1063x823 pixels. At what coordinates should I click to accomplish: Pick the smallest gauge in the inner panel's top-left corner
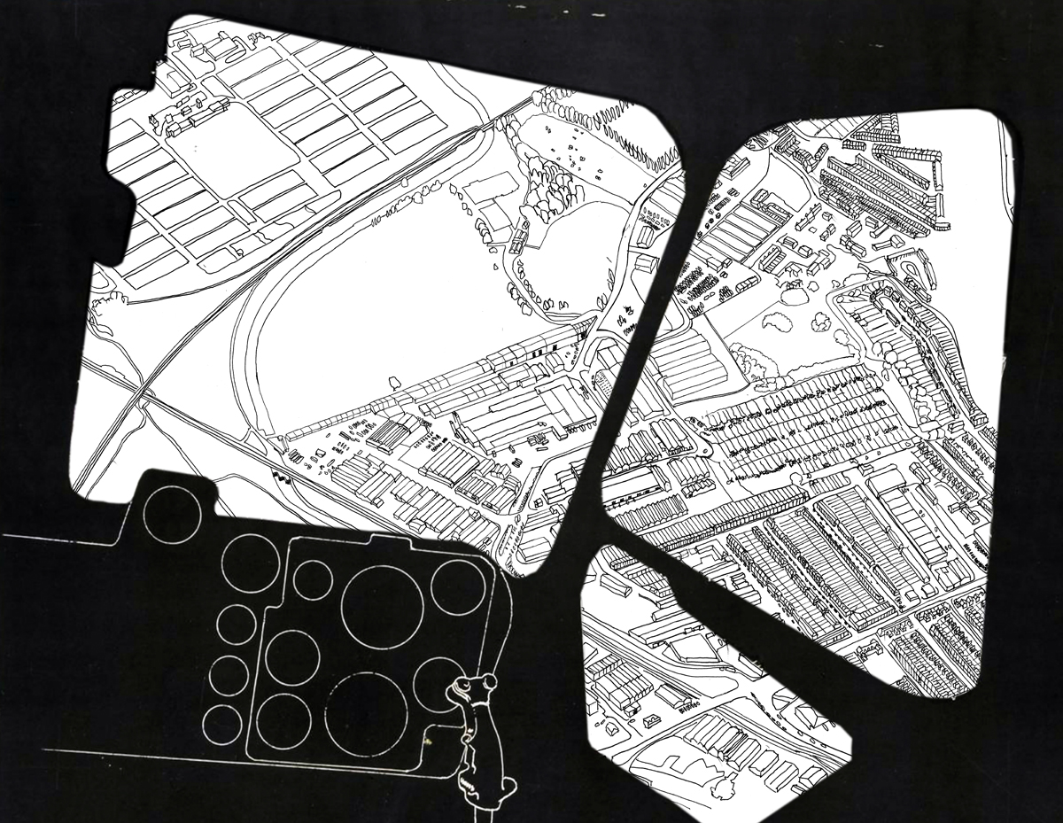313,578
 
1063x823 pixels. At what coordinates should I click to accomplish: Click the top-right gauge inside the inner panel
458,586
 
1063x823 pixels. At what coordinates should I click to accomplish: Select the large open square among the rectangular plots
225,147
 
